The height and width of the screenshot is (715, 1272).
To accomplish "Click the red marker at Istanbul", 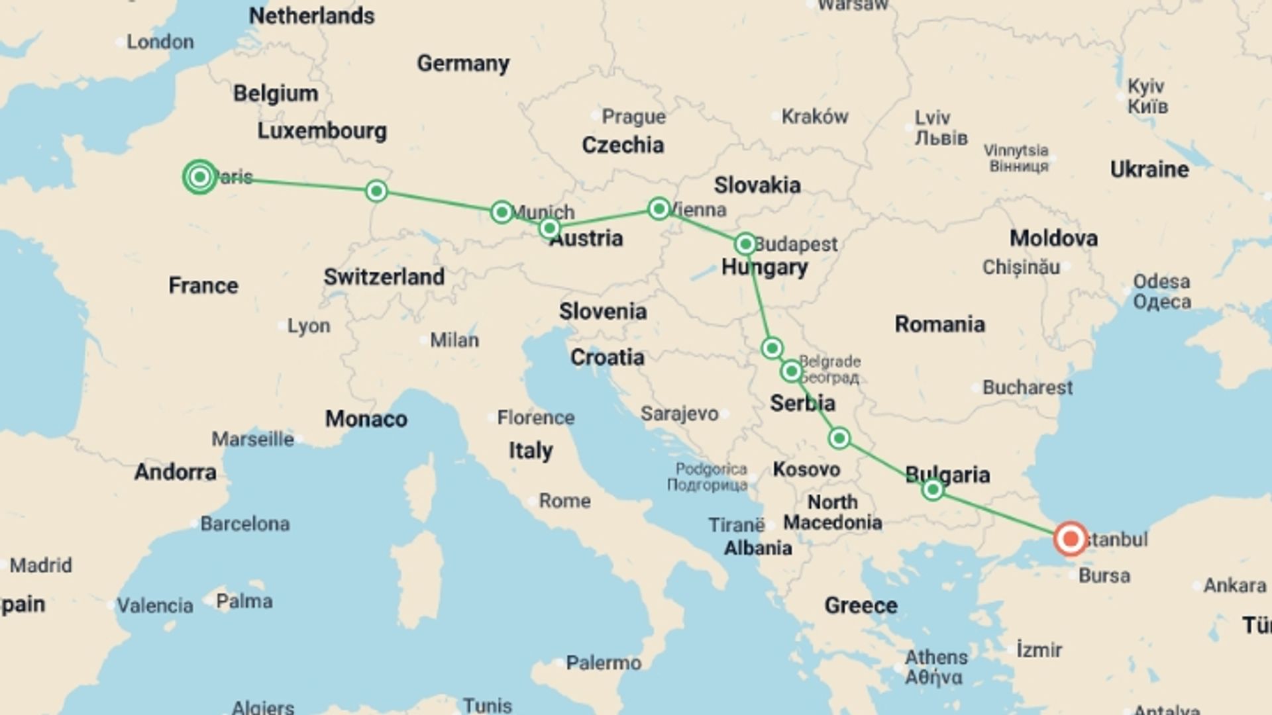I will click(1071, 539).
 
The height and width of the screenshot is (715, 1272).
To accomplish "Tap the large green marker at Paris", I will click(200, 177).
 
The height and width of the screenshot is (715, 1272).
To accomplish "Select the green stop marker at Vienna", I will click(659, 209).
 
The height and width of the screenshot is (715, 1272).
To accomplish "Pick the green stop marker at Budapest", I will click(745, 244).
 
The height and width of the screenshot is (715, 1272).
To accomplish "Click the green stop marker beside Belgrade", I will click(792, 371).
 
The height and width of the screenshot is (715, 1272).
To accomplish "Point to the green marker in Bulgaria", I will click(933, 490).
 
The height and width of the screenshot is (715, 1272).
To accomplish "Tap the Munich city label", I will click(543, 212).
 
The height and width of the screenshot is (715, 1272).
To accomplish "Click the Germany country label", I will click(463, 64).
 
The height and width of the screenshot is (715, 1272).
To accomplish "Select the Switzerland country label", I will click(384, 277).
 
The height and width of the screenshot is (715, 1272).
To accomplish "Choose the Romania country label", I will click(939, 324).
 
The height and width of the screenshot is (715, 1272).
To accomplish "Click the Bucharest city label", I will click(1027, 387).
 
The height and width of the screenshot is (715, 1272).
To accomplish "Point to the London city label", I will click(160, 42).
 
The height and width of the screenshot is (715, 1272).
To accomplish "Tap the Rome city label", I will click(564, 501).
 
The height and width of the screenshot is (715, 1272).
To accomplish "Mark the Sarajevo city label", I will click(679, 414).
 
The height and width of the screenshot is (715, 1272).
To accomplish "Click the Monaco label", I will click(366, 419).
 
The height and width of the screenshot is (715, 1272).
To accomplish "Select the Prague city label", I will click(633, 117).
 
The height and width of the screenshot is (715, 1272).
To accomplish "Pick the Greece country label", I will click(861, 605).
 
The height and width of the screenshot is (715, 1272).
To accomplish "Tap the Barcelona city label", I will click(244, 524).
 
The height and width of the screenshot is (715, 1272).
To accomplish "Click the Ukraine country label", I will click(1149, 169).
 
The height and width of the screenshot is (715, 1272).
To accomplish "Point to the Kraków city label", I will click(814, 117).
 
